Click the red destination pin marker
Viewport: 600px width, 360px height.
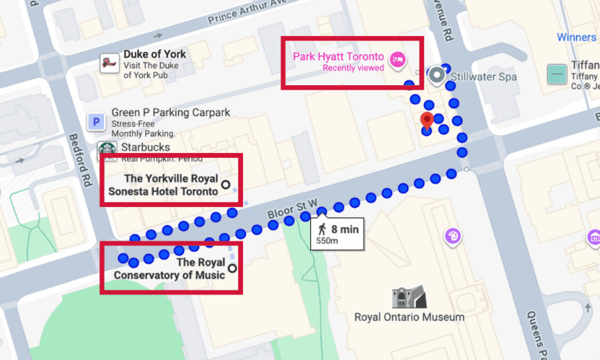click(427, 121)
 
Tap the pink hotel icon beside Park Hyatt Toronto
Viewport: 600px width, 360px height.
click(398, 59)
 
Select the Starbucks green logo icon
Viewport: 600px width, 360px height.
click(107, 148)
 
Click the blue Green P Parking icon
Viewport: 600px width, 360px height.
click(96, 122)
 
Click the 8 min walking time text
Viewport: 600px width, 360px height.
click(344, 229)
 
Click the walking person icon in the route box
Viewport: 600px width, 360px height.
click(322, 230)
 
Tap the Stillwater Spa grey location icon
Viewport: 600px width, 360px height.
click(437, 77)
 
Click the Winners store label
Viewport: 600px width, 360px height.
click(576, 37)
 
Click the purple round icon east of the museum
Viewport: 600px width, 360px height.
click(452, 235)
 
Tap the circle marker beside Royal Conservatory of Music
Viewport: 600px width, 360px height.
click(232, 268)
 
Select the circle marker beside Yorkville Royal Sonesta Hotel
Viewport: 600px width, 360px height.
click(226, 184)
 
